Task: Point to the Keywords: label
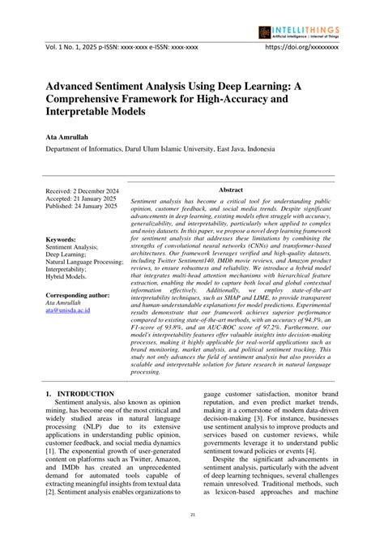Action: coord(62,240)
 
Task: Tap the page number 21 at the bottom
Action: coord(192,515)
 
